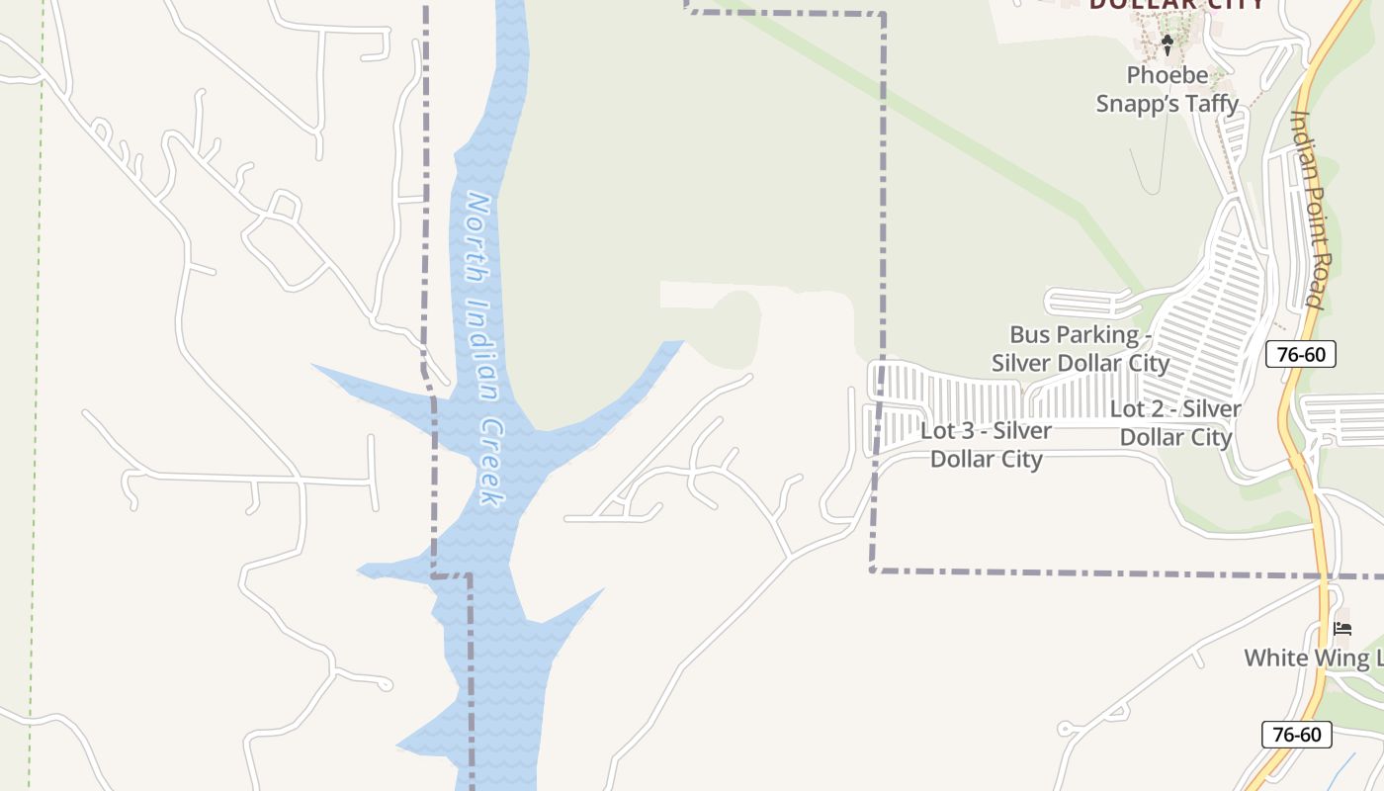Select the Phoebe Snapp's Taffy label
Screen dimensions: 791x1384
(x=1168, y=89)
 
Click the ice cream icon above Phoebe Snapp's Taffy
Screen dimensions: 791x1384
(x=1167, y=44)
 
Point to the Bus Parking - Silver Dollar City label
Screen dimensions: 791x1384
(x=1080, y=348)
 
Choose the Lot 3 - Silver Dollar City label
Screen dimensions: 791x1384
(x=986, y=445)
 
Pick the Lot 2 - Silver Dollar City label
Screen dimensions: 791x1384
(x=1175, y=422)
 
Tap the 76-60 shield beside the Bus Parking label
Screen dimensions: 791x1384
(x=1300, y=354)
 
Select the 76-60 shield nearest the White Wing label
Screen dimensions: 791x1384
(x=1296, y=735)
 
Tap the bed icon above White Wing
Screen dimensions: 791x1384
(x=1341, y=628)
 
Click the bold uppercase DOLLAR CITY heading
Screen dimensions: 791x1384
(x=1176, y=4)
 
